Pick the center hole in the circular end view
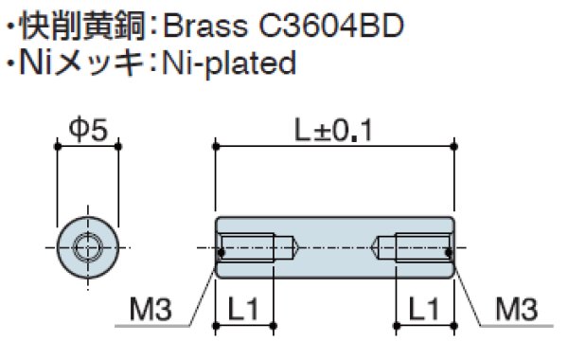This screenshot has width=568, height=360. pos(87,249)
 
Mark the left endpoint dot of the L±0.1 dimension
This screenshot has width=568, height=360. pos(217,146)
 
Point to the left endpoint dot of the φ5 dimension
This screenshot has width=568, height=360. pos(57,146)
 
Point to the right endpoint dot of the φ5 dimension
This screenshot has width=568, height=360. pos(117,146)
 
